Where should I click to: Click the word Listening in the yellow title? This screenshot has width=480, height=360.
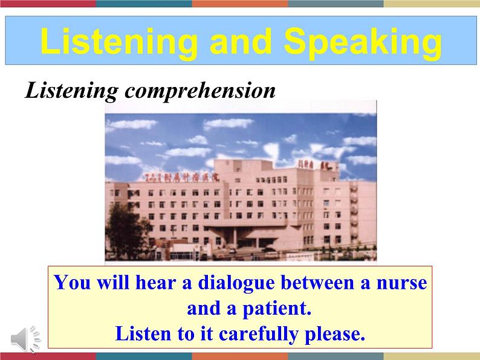tap(118, 42)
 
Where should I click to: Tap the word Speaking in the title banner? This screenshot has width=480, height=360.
tap(363, 42)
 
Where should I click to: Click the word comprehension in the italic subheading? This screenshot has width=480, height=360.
tap(200, 91)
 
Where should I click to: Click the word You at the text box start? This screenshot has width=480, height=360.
tap(69, 283)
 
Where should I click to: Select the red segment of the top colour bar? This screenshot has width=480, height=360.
tap(48, 3)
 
